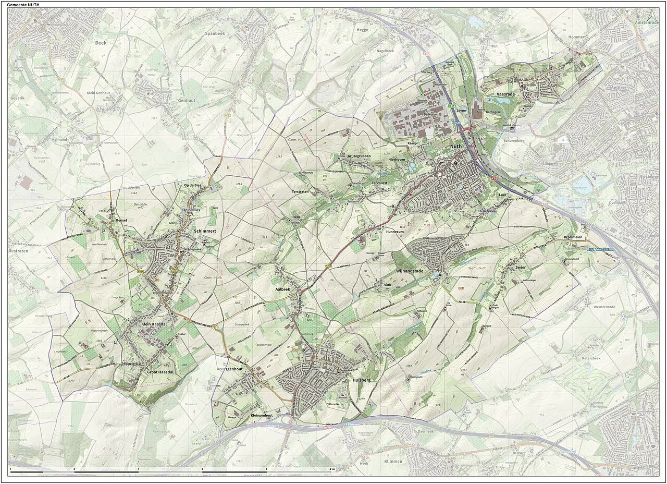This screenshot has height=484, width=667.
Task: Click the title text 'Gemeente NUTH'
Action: [23, 5]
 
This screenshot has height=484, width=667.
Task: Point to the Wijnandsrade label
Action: [410, 272]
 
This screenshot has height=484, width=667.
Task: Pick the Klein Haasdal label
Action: [156, 324]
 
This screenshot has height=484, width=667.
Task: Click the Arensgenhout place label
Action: [230, 369]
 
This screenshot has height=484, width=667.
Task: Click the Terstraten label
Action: [300, 192]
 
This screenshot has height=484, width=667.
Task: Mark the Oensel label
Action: [121, 221]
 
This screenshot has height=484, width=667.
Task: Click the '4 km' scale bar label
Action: [332, 469]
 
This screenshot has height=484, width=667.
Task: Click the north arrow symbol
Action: [649, 16]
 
